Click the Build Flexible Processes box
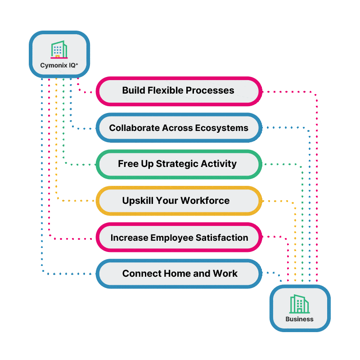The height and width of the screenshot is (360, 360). (179, 91)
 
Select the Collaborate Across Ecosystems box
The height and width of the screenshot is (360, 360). (179, 128)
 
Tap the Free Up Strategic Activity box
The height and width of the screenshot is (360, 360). (179, 164)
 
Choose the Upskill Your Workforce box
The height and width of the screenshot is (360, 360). (179, 200)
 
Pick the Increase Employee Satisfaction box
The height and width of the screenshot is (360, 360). (179, 237)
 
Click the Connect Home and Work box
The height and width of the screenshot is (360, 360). (179, 274)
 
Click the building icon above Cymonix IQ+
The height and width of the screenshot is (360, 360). (58, 50)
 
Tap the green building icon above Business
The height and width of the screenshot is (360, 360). (299, 304)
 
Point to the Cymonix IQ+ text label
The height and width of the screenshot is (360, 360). (59, 66)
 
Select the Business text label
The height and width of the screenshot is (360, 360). (299, 319)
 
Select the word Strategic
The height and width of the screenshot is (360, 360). (176, 164)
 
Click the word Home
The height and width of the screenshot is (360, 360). (182, 274)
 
